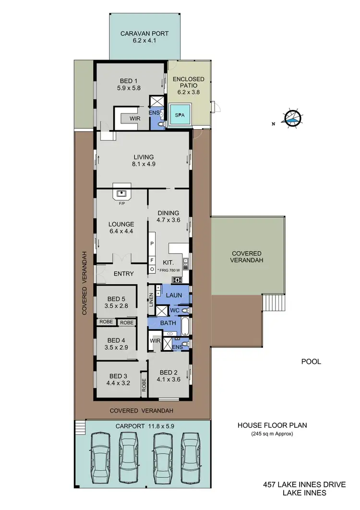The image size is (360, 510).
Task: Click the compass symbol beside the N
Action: pos(292,118)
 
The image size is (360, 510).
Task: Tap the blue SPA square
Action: pos(179,116)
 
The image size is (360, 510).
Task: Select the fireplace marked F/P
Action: pos(122,193)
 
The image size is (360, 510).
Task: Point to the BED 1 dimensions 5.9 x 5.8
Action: pos(129,88)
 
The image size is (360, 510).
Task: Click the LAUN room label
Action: pos(174,295)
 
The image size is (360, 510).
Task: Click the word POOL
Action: pos(311,362)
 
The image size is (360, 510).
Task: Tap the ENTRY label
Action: pos(123,274)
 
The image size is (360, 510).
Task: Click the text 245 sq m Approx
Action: pos(272,434)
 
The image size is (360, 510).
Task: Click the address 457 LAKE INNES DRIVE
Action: pos(305,485)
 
